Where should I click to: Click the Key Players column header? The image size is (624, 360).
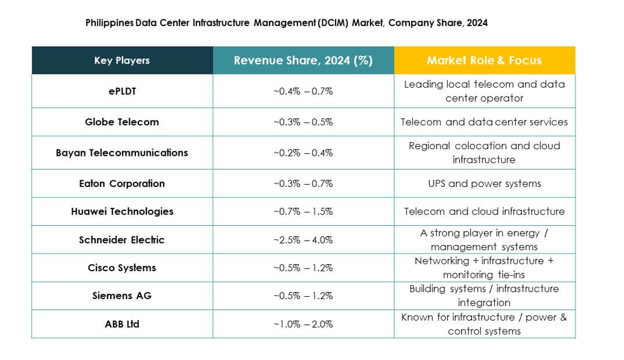(121, 60)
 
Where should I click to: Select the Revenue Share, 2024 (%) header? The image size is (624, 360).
(303, 60)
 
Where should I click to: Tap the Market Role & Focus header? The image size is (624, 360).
(484, 60)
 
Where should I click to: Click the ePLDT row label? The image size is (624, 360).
(121, 91)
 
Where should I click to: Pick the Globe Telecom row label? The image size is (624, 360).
(121, 122)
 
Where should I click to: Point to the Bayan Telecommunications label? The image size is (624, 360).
(121, 153)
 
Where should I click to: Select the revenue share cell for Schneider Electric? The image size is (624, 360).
(303, 240)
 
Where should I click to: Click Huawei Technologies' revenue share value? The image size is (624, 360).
(303, 211)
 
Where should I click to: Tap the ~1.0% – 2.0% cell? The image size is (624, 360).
(303, 324)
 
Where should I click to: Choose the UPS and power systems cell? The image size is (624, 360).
(484, 184)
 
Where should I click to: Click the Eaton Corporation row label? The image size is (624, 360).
(121, 184)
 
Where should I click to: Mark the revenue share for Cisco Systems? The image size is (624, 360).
(303, 267)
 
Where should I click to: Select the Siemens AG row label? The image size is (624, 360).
(121, 296)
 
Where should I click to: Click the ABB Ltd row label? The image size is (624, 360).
(121, 324)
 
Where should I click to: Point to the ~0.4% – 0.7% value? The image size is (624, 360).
(303, 91)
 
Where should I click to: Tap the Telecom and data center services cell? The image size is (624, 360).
(484, 122)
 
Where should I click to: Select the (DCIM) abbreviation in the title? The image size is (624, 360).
(333, 23)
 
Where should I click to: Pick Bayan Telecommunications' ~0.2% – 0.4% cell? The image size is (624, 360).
(303, 153)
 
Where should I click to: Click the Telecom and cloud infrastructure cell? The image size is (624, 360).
(484, 211)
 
